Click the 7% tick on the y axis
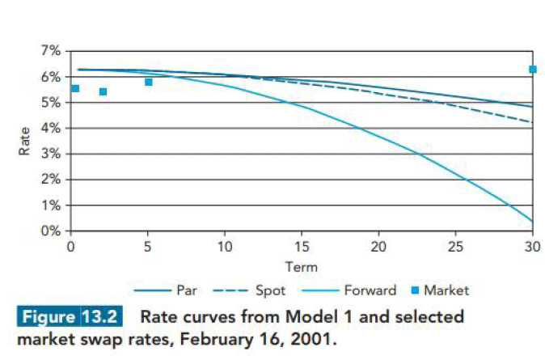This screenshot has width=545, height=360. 50,51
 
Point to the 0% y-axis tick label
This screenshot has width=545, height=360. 50,231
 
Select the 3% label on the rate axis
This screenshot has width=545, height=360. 50,154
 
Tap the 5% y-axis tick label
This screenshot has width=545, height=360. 50,103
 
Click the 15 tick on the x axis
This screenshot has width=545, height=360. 302,246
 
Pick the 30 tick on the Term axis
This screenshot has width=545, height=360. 532,246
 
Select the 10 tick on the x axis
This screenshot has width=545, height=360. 225,246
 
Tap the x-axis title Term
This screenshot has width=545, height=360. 301,266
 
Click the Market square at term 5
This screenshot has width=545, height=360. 149,82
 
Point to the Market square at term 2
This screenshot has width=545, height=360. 103,91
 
